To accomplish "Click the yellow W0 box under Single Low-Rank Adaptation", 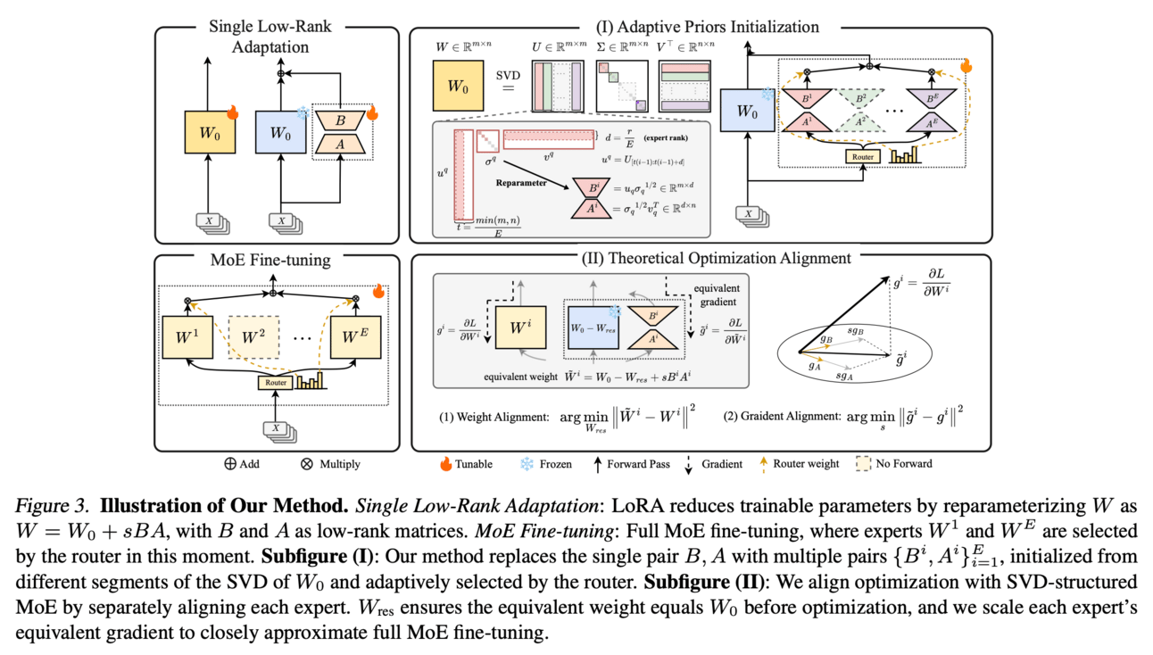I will point(207,134).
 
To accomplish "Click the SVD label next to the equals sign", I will point(507,77).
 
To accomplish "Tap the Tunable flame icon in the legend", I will point(445,464).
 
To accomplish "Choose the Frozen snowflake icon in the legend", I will point(526,464).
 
